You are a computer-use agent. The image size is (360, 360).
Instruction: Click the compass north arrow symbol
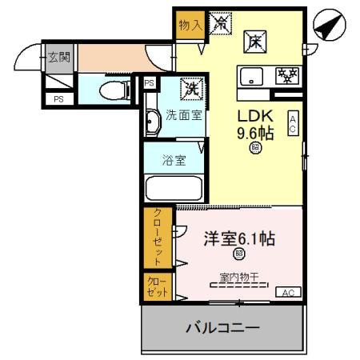point(329,27)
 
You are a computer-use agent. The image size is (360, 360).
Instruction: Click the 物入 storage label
point(190,25)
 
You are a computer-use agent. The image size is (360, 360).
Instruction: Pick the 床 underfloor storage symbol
point(255,39)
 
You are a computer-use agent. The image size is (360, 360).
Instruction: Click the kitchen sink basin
point(250,77)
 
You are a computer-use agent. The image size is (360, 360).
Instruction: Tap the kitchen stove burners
point(285,76)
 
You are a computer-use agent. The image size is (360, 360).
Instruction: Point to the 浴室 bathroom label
point(174,159)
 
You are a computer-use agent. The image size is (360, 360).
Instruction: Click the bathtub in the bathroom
point(174,187)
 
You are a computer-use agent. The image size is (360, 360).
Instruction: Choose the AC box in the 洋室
point(287,293)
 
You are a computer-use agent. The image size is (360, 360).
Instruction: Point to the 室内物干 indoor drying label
point(239,278)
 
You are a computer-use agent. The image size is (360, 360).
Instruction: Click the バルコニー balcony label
point(223,328)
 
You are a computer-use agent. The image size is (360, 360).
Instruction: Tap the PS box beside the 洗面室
point(150,82)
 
